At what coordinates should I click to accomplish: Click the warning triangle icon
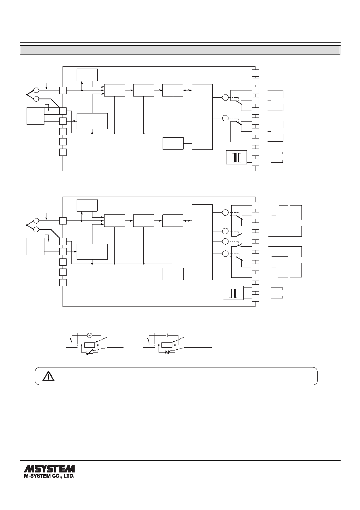coord(48,376)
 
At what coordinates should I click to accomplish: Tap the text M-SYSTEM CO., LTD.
coord(49,476)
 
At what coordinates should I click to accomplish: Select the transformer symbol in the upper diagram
coord(236,157)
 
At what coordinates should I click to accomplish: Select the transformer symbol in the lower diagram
coord(233,293)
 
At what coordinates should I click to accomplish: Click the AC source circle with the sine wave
coord(89,335)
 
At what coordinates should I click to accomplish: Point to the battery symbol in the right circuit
coord(167,335)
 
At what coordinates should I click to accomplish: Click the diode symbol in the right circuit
coord(167,353)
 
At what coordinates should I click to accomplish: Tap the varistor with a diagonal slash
coord(90,353)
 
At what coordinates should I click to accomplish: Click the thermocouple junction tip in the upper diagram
coord(27,94)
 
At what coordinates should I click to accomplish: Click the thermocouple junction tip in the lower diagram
coord(27,225)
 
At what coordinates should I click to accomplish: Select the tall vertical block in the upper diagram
coord(202,117)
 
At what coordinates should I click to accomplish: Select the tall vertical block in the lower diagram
coord(202,242)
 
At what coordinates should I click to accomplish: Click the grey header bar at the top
coord(180,50)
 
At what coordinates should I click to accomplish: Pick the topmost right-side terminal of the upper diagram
coord(255,73)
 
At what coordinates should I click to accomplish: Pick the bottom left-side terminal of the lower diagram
coord(63,283)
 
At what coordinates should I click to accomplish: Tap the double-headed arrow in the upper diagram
coord(187,90)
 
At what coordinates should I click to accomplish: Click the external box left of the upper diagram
coord(35,116)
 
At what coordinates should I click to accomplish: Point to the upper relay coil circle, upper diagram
coord(225,97)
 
